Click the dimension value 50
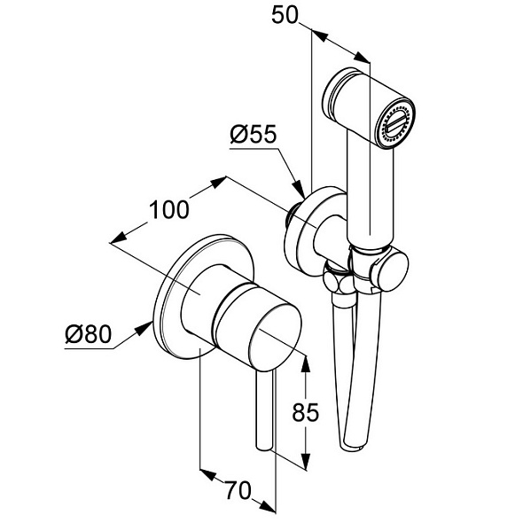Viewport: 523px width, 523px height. pyautogui.click(x=285, y=15)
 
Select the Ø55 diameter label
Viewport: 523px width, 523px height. pyautogui.click(x=254, y=134)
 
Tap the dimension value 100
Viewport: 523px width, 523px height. pyautogui.click(x=168, y=210)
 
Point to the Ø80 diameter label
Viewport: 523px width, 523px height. pyautogui.click(x=88, y=334)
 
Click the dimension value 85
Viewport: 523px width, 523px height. pyautogui.click(x=306, y=412)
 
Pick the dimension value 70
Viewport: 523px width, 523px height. pyautogui.click(x=238, y=490)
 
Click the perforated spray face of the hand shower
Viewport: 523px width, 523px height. pyautogui.click(x=395, y=123)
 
